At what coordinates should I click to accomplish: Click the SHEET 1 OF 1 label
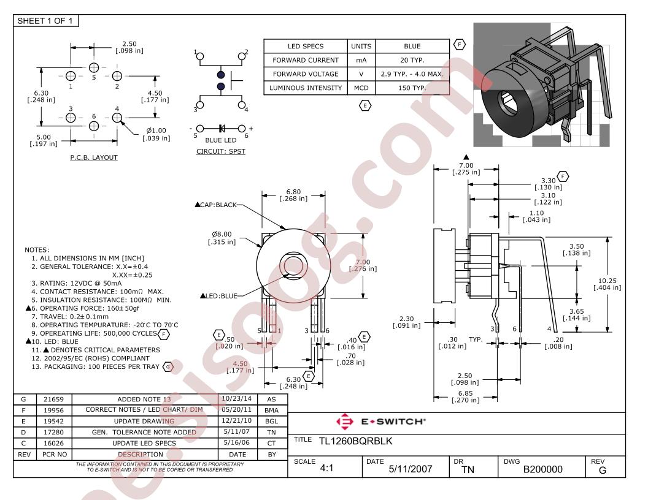click(x=45, y=21)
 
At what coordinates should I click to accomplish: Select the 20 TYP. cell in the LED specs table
click(x=412, y=60)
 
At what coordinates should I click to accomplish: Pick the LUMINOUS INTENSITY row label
click(x=306, y=88)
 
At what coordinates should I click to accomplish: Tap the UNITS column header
click(x=361, y=46)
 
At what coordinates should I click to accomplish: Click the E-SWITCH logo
click(x=380, y=421)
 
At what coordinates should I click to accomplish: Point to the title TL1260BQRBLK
click(x=355, y=441)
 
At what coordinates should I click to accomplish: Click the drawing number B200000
click(x=542, y=469)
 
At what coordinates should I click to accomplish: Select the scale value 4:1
click(x=326, y=468)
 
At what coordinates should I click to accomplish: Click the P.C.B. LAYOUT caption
click(x=94, y=157)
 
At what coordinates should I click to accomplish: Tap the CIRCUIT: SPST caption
click(x=221, y=151)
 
